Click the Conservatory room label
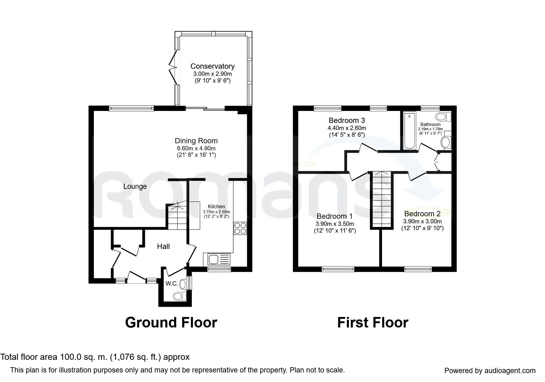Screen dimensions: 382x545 tap(212, 66)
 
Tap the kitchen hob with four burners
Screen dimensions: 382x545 tap(240, 228)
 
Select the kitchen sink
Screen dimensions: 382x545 tap(218, 259)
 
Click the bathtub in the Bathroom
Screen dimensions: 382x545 tap(409, 131)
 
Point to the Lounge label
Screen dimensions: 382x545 tap(135, 186)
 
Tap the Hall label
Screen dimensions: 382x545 tap(163, 246)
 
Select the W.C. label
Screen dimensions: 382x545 tap(171, 283)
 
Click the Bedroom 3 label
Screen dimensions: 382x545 tap(347, 120)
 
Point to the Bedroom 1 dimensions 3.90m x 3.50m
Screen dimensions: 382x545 tap(335, 224)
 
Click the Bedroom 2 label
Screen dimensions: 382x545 tap(422, 214)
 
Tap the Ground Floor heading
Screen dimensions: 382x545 tap(171, 323)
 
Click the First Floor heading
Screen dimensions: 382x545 tap(372, 323)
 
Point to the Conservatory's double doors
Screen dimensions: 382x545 tap(173, 67)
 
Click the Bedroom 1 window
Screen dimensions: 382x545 tap(338, 269)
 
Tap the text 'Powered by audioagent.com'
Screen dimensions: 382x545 tap(490, 371)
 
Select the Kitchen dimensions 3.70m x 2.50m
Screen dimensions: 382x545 tap(216, 212)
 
